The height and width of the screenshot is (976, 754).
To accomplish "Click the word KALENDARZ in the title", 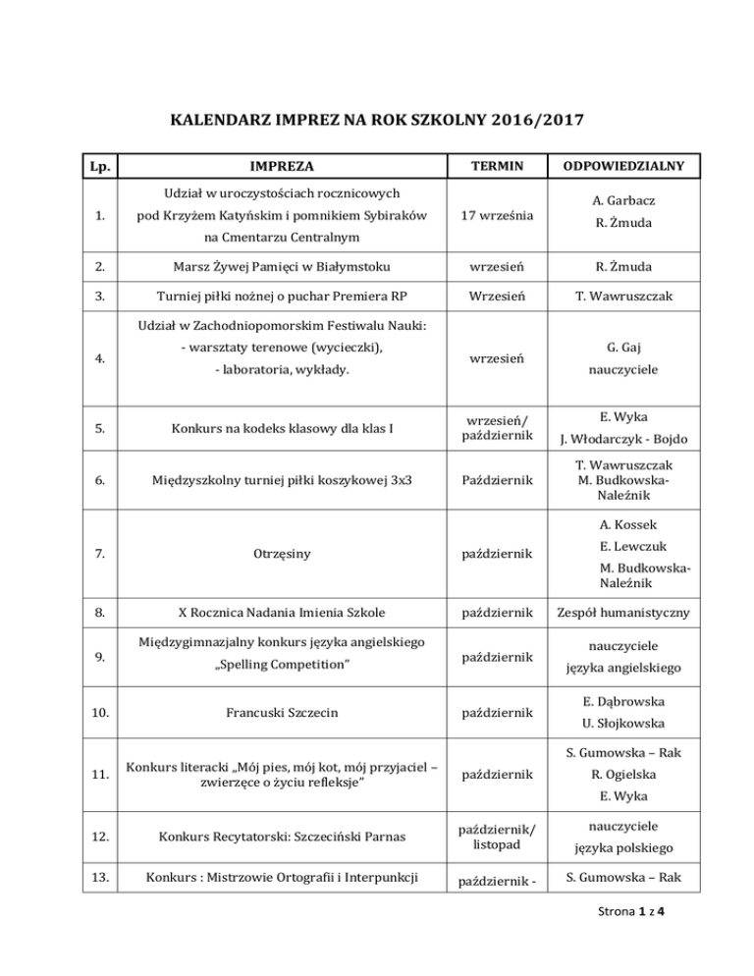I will pos(205,125).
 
